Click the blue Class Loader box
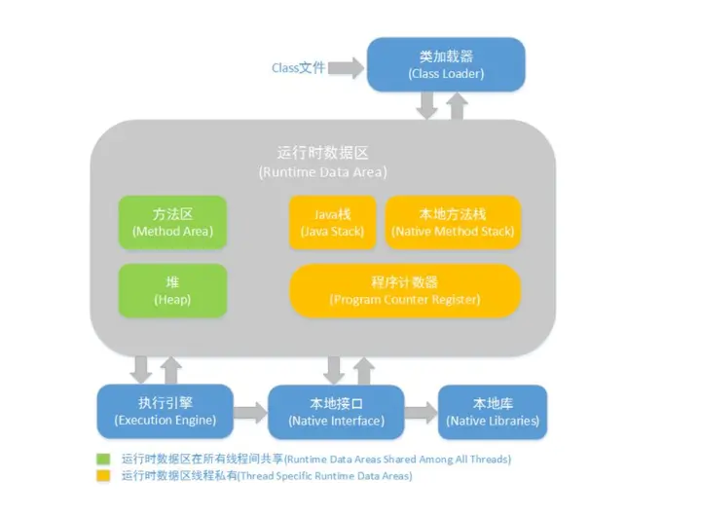tap(445, 64)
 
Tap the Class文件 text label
tap(298, 68)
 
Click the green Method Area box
tap(172, 222)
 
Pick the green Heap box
tap(172, 290)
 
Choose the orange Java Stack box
tap(332, 222)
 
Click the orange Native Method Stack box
tap(453, 222)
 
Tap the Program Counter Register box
tap(404, 290)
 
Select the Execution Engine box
tap(165, 411)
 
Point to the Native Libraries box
tap(493, 411)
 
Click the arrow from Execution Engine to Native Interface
tap(250, 412)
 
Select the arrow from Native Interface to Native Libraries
tap(420, 412)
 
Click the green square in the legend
tap(103, 459)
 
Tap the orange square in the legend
tap(103, 476)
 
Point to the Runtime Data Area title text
tap(322, 162)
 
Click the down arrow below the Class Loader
tap(426, 105)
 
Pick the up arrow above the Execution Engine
tap(171, 369)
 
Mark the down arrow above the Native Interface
tap(334, 369)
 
